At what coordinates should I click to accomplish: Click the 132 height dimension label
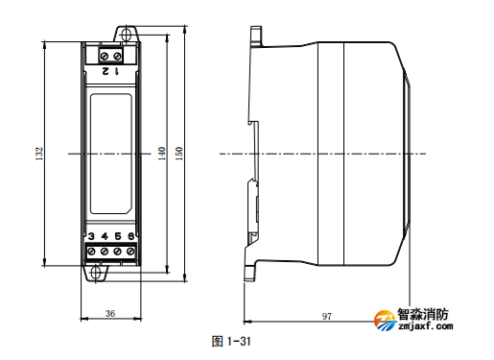coord(39,154)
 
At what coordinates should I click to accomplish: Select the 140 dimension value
coord(161,154)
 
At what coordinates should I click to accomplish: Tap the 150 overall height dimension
coord(179,154)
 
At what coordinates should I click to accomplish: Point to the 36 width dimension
coord(109,314)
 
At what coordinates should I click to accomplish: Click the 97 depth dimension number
coord(326,315)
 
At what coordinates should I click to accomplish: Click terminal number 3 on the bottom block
coord(91,235)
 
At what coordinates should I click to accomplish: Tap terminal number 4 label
coord(104,235)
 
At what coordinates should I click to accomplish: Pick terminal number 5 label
coord(117,235)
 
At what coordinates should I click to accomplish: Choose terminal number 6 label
coord(129,235)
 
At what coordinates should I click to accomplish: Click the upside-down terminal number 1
coord(117,71)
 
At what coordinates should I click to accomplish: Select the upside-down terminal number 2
coord(104,71)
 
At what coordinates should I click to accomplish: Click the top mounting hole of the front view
coord(124,36)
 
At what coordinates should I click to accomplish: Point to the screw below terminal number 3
coord(91,252)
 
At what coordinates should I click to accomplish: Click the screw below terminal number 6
coord(129,252)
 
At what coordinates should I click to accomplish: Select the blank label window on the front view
coord(110,154)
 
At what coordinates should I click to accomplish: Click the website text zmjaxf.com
coord(425,327)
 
